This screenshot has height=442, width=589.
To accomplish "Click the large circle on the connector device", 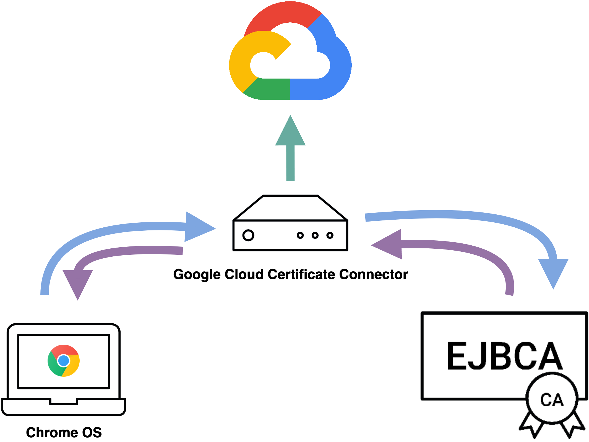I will point(248,235).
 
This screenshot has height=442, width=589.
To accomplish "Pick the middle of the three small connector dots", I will point(315,235).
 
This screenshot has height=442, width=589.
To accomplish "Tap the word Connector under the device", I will point(373,274).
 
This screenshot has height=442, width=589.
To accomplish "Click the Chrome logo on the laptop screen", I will point(64,360).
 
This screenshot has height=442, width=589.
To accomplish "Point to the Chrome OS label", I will point(64,432).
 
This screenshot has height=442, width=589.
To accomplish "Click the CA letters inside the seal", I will point(552,400).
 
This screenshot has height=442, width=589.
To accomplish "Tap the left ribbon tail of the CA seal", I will point(531,426).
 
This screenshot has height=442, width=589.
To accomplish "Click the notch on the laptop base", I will point(64,402).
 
